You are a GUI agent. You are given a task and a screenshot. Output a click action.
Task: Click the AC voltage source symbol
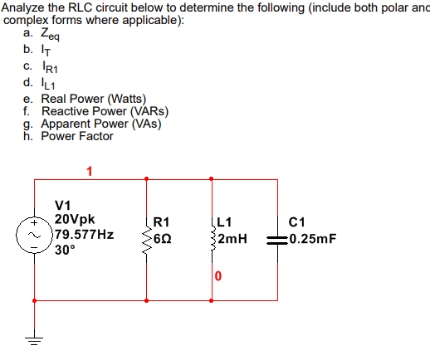point(35,236)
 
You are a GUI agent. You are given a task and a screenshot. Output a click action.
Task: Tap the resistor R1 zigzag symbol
point(148,238)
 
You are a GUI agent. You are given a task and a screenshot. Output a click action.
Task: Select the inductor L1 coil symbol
point(213,238)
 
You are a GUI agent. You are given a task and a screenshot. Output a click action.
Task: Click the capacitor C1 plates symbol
point(276,239)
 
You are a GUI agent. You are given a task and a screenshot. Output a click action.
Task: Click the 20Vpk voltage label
point(75,219)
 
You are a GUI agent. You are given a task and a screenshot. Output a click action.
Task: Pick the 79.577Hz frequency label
point(84,234)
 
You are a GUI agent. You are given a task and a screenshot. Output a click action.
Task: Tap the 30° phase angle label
point(65,249)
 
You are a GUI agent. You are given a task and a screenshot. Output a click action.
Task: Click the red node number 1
point(90,173)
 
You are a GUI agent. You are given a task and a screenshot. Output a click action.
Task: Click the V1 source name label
point(63,205)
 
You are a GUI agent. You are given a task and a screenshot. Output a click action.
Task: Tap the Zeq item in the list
point(50,34)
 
